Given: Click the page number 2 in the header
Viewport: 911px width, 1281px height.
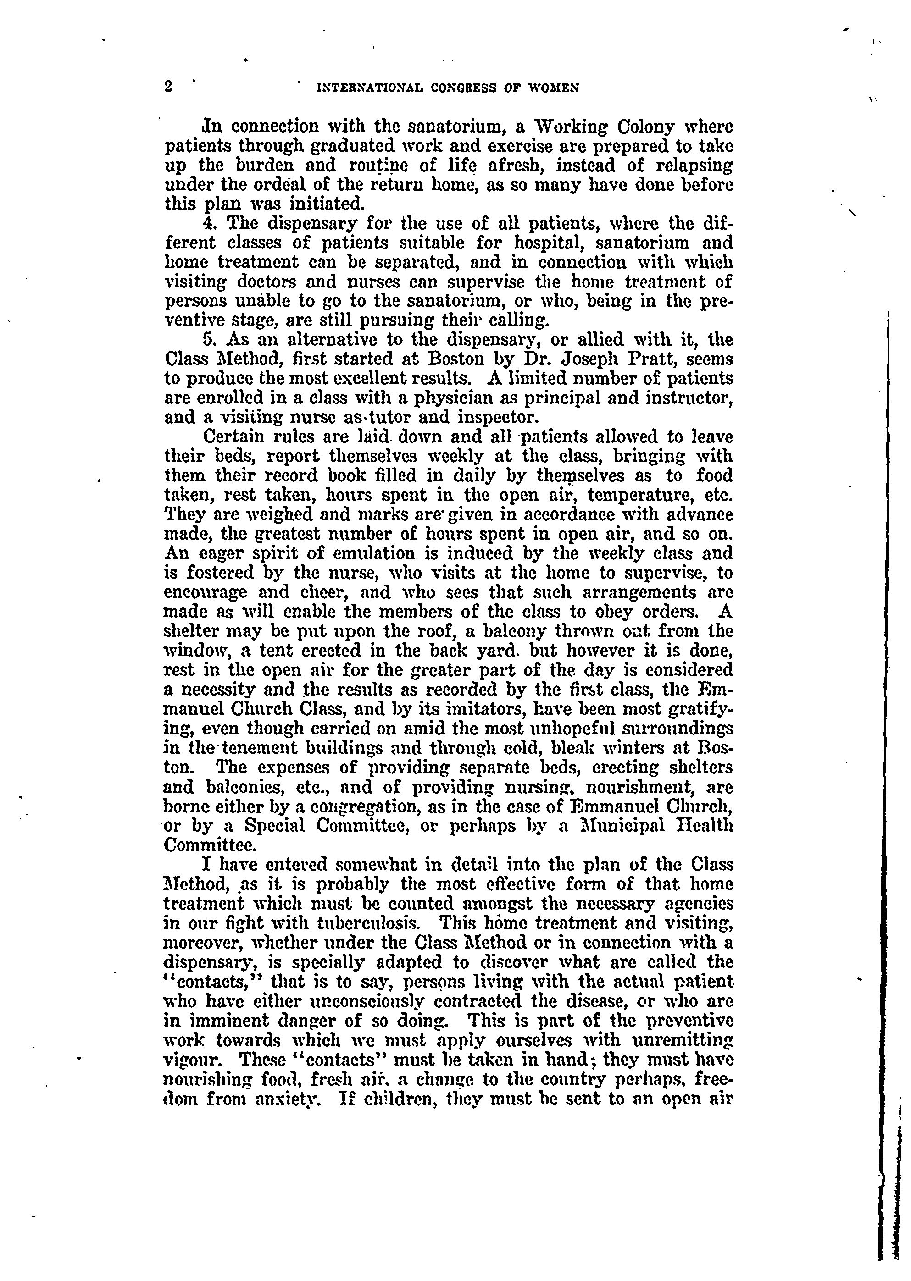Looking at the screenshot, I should [168, 87].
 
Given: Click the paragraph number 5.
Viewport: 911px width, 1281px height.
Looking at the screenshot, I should [209, 340].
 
